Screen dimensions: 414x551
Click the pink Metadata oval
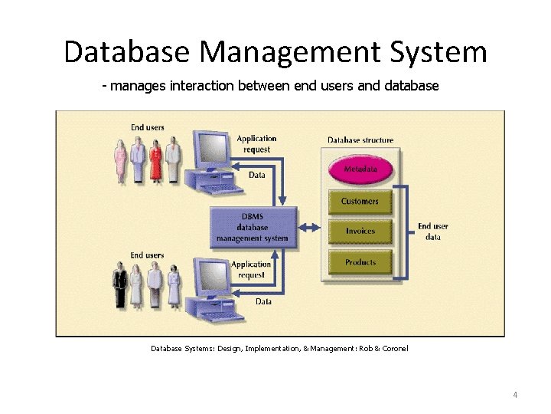pyautogui.click(x=360, y=169)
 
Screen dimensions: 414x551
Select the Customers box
pyautogui.click(x=360, y=202)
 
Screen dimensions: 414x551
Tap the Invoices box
pyautogui.click(x=360, y=231)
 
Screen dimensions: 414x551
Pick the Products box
pyautogui.click(x=360, y=262)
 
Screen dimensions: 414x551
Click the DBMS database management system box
pyautogui.click(x=253, y=227)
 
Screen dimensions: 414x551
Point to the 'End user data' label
pyautogui.click(x=433, y=232)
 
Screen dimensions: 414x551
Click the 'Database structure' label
pyautogui.click(x=360, y=140)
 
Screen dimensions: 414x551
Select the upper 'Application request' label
pyautogui.click(x=256, y=144)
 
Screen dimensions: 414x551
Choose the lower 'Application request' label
pyautogui.click(x=251, y=269)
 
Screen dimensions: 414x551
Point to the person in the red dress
pyautogui.click(x=156, y=161)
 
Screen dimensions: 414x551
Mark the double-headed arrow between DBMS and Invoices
pyautogui.click(x=311, y=228)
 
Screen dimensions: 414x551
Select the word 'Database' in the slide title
pyautogui.click(x=126, y=52)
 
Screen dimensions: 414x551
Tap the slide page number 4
pyautogui.click(x=515, y=395)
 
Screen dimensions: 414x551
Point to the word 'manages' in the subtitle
pyautogui.click(x=134, y=86)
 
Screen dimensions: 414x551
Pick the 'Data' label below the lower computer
pyautogui.click(x=263, y=301)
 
